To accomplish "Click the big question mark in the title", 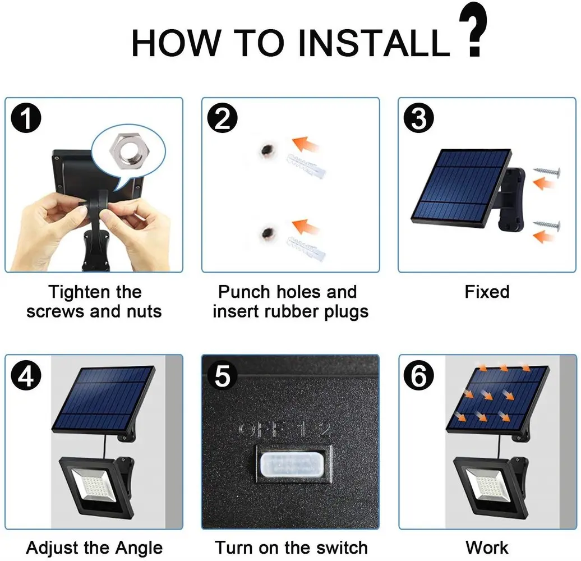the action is [x=472, y=29].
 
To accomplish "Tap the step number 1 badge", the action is [x=26, y=118].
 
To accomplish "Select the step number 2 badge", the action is [x=222, y=118].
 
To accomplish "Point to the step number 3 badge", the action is [x=419, y=118].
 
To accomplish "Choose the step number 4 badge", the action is [x=26, y=376].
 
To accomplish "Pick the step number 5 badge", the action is [x=222, y=376].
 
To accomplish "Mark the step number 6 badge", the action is [x=419, y=376].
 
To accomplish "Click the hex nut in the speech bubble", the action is [x=128, y=150].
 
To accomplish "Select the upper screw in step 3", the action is [x=547, y=172].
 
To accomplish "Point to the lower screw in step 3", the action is [x=547, y=224].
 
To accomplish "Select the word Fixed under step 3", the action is [x=487, y=292].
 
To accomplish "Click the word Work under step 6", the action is [x=487, y=548].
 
